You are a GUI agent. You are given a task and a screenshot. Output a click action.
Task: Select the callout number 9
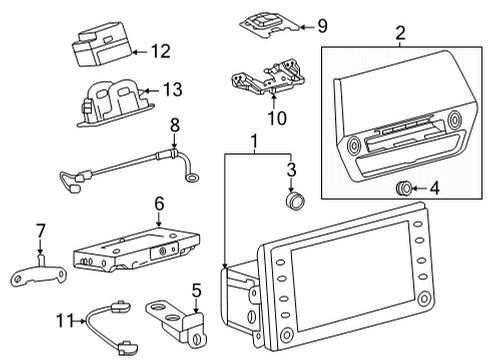(x=294, y=26)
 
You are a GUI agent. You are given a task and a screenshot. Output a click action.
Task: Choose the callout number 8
(x=175, y=127)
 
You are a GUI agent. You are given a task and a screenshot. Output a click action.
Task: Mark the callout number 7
(x=41, y=232)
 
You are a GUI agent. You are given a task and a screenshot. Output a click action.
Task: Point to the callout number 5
(x=196, y=291)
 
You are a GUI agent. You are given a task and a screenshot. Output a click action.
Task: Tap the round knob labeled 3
(x=293, y=199)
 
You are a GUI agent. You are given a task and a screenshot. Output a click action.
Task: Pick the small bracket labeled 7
(x=41, y=275)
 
